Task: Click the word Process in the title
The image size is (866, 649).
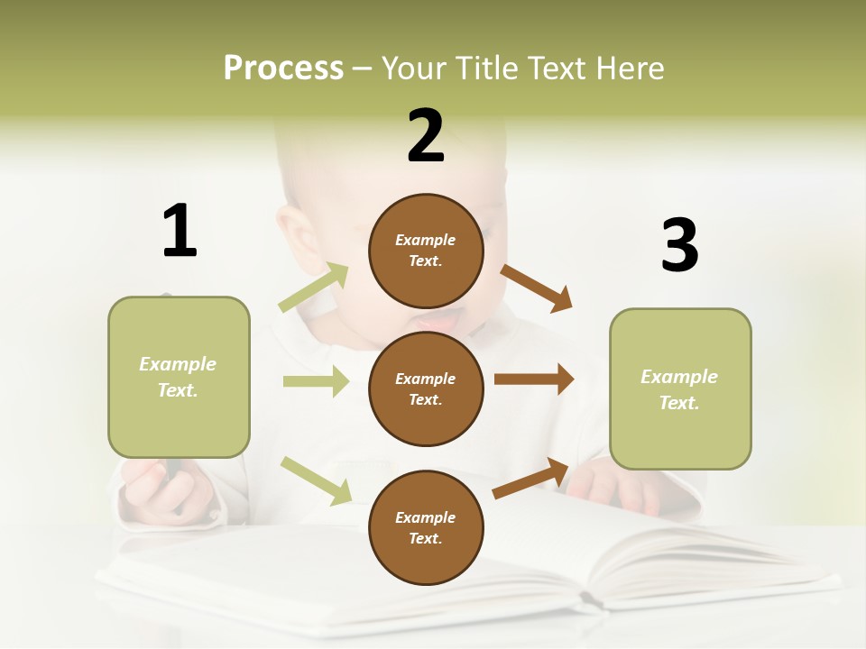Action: [283, 68]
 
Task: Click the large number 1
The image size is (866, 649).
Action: [180, 231]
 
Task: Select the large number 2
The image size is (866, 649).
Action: [426, 136]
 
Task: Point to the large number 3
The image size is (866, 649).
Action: [679, 245]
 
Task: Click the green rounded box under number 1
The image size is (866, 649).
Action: [179, 377]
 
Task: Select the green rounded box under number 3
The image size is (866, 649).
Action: [680, 389]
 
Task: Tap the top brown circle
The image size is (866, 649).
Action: [426, 251]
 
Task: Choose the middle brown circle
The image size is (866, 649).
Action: [426, 388]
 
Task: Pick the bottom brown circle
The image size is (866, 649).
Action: [426, 527]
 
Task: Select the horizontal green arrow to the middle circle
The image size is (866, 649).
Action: [316, 381]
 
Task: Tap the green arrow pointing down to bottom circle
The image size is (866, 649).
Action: [316, 480]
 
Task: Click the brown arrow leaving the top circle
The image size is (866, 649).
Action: [537, 288]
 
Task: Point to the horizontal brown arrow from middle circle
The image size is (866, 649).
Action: [533, 379]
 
